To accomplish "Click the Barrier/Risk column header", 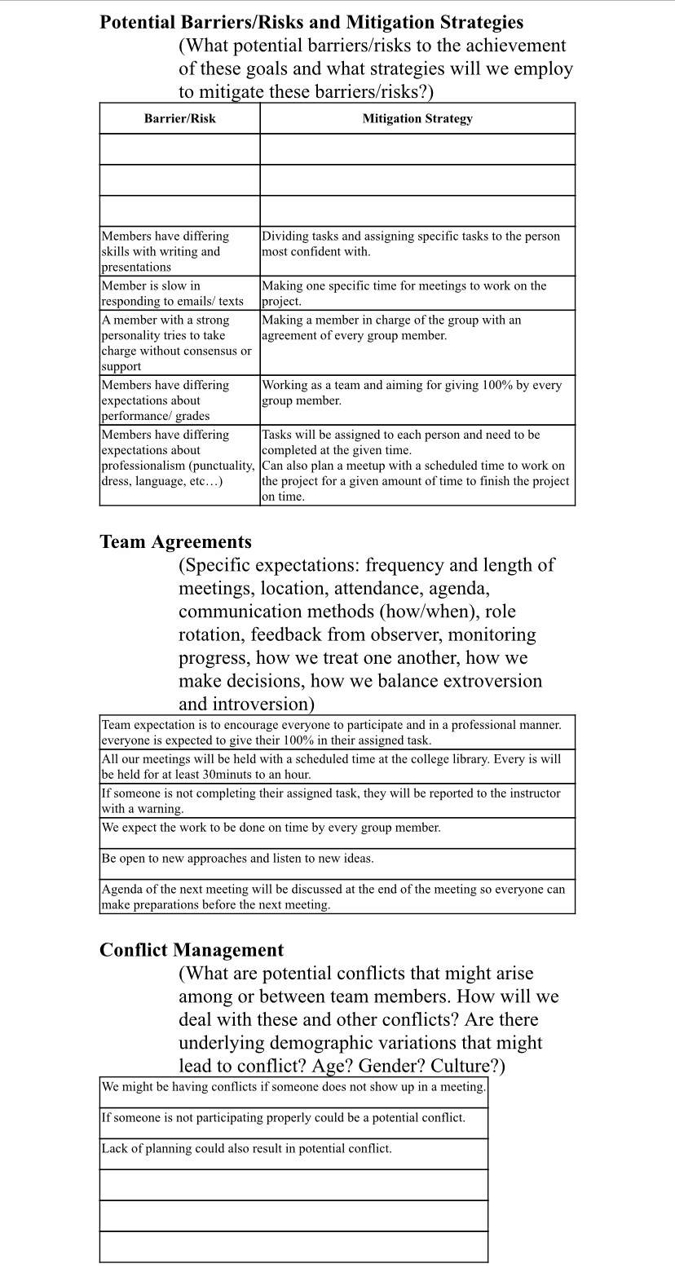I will [x=179, y=118].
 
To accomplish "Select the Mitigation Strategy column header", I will [x=417, y=118].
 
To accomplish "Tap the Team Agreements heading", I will [x=175, y=541].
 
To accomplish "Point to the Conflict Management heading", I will [x=192, y=950].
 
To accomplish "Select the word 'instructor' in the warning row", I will [x=532, y=793].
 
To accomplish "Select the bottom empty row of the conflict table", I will [x=293, y=1247].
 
